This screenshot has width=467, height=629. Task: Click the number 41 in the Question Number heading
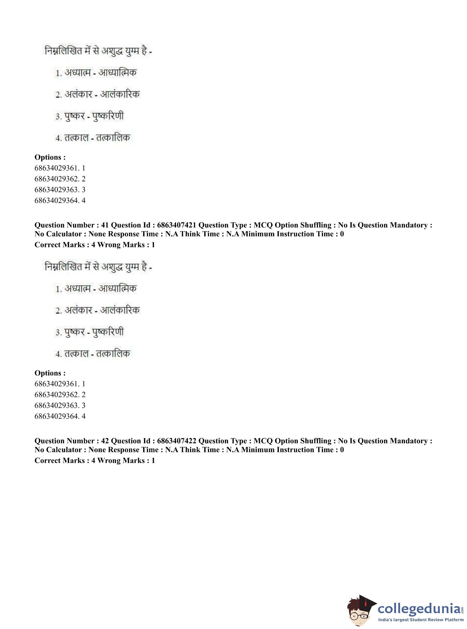click(x=105, y=225)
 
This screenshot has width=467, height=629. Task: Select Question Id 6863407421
click(x=177, y=225)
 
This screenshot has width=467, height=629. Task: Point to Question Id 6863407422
click(x=177, y=441)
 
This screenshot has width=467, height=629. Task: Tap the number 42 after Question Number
click(x=105, y=441)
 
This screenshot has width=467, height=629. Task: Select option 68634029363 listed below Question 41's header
click(x=60, y=405)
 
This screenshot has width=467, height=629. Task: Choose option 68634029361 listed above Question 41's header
click(x=60, y=168)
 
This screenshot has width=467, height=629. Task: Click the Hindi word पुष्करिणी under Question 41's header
click(x=108, y=332)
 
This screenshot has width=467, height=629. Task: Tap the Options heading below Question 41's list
click(x=50, y=373)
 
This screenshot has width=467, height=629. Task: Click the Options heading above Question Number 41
click(x=50, y=157)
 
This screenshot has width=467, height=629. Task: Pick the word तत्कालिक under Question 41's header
click(x=113, y=353)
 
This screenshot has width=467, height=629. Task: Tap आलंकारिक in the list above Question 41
click(x=120, y=94)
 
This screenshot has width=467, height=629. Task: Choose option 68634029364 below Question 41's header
click(x=60, y=416)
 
